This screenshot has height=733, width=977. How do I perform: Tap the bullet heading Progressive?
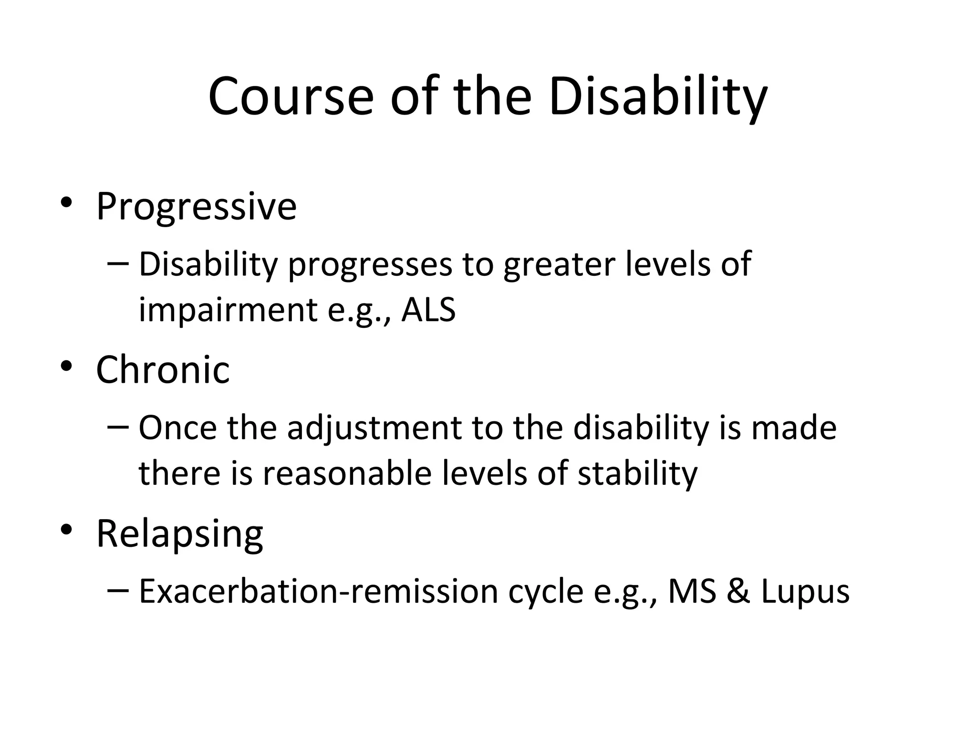pyautogui.click(x=196, y=207)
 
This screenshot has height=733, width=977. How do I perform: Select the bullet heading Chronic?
pyautogui.click(x=163, y=370)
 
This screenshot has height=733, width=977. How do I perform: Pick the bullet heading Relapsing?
pyautogui.click(x=179, y=534)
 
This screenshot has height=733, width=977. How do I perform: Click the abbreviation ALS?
pyautogui.click(x=428, y=310)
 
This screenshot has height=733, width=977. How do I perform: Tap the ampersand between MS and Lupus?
pyautogui.click(x=738, y=592)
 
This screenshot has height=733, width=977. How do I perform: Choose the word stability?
pyautogui.click(x=637, y=474)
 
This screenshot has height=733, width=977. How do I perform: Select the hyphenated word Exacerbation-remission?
pyautogui.click(x=318, y=592)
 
